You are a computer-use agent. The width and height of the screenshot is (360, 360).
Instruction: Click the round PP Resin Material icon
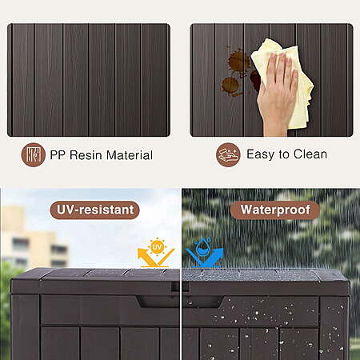[x=34, y=155]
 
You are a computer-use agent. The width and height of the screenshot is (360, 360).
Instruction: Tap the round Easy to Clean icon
[x=228, y=154]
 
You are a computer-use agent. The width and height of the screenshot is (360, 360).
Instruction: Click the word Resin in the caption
[x=86, y=155]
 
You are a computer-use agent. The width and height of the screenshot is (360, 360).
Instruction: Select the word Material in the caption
[x=130, y=155]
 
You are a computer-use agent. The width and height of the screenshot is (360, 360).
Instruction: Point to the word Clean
[x=310, y=154]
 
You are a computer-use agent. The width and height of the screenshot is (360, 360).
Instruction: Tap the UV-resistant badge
[x=94, y=210]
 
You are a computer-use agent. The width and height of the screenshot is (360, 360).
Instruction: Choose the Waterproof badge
[x=275, y=210]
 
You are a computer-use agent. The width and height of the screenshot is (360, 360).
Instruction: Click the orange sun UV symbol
[x=157, y=247]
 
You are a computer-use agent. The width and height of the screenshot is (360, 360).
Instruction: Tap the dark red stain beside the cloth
[x=255, y=80]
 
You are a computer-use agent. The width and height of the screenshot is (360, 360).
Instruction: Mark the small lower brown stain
[x=230, y=86]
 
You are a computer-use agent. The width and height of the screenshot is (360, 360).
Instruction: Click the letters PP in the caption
[x=58, y=155]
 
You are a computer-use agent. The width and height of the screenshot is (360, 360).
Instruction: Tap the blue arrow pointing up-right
[x=205, y=257]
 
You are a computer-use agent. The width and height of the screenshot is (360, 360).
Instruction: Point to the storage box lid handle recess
[x=179, y=302]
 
